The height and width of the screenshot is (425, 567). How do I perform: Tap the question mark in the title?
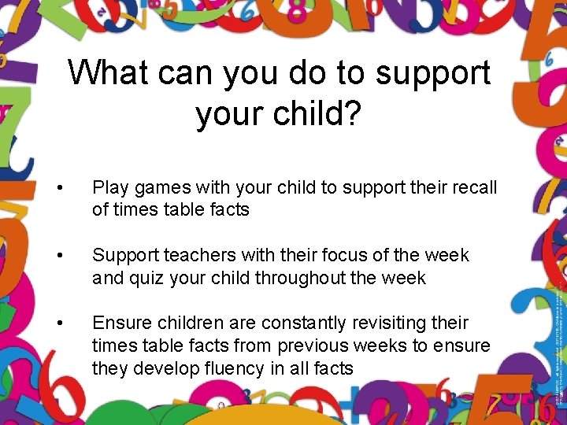[x=353, y=114]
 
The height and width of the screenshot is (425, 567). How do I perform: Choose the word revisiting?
[x=389, y=323]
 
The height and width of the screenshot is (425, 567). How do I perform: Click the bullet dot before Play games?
[x=61, y=188]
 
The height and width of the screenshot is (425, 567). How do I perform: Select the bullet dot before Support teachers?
[x=61, y=256]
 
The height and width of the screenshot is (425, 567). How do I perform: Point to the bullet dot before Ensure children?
[x=61, y=323]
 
